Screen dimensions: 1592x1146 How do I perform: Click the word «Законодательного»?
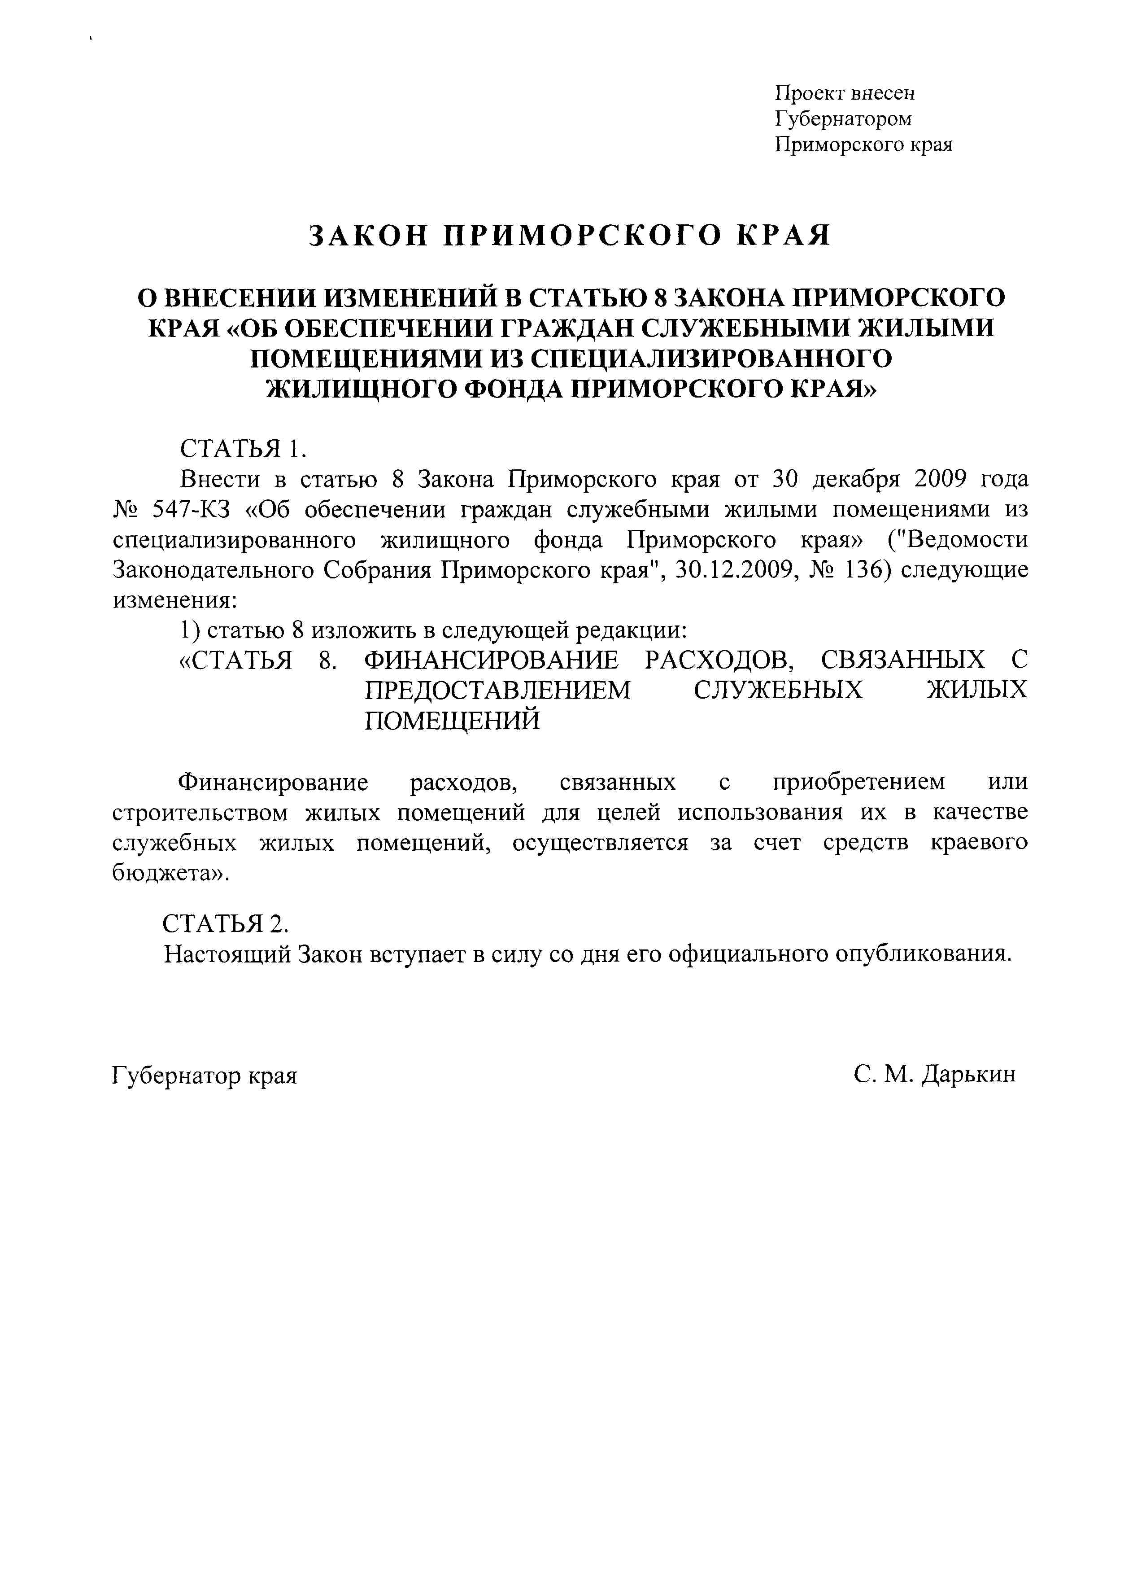click(213, 569)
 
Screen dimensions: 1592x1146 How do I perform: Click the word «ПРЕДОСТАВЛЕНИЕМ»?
click(497, 690)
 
